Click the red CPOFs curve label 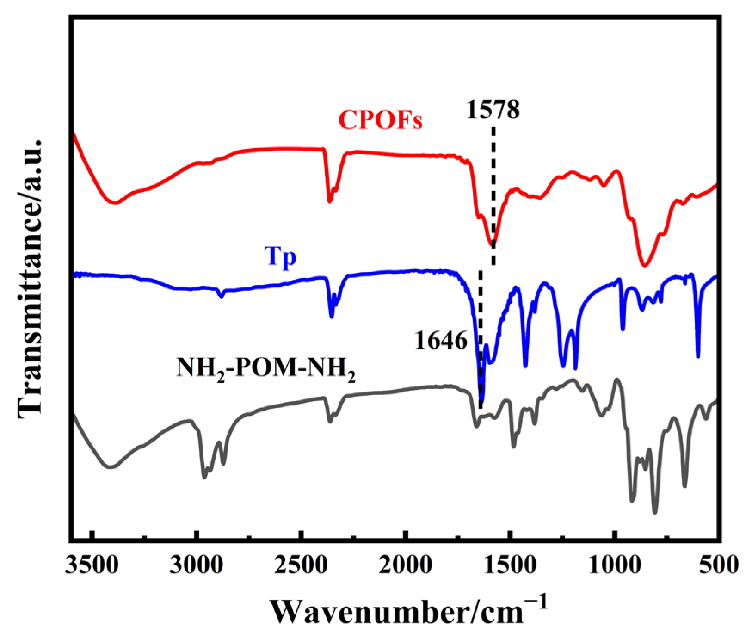point(380,120)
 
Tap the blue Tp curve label point(280,257)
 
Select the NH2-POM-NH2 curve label point(266,369)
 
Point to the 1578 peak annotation point(493,110)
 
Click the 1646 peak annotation point(441,341)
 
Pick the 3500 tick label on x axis point(92,565)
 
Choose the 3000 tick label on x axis point(196,565)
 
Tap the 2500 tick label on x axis point(301,565)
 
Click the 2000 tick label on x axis point(406,565)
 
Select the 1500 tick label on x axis point(510,565)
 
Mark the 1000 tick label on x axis point(615,565)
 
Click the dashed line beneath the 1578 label point(493,194)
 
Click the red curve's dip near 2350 point(330,201)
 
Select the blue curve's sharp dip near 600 point(698,355)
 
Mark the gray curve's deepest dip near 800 point(655,511)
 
